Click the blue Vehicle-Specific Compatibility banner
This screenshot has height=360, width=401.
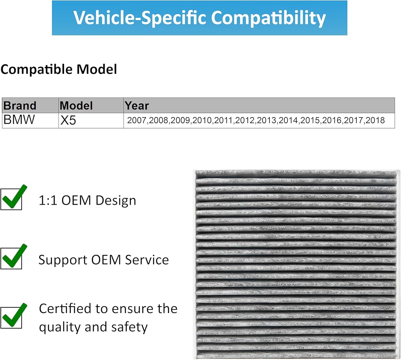[199, 18]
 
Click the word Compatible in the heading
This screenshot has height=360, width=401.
[36, 69]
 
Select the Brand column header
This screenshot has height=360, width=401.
[20, 106]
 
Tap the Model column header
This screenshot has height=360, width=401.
[76, 106]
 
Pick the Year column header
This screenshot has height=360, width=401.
[137, 106]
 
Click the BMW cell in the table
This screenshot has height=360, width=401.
[19, 120]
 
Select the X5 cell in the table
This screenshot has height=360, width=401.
[68, 120]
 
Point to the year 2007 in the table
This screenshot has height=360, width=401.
[137, 120]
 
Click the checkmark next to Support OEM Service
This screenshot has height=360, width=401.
[14, 256]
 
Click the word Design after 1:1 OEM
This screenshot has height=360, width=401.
[115, 201]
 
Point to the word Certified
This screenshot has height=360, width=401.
[65, 309]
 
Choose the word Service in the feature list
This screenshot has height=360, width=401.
[147, 260]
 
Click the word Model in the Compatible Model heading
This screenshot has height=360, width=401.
[97, 69]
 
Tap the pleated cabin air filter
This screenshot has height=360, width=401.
[296, 264]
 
